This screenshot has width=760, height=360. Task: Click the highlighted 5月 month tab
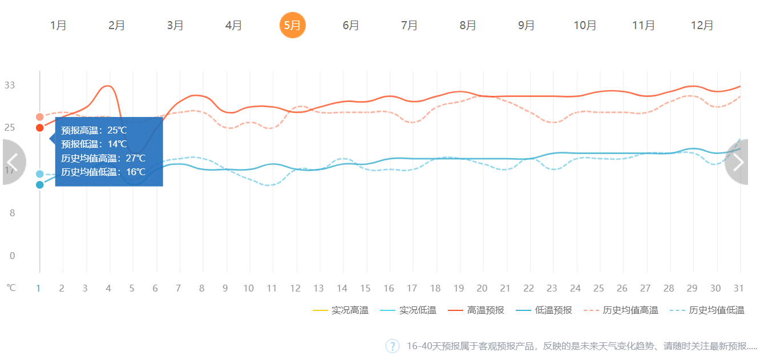(x=292, y=25)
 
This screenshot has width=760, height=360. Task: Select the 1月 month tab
(x=58, y=26)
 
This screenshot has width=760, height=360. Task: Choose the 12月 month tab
(x=702, y=26)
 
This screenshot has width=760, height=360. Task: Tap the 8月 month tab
(x=468, y=26)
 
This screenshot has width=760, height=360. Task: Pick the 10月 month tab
(x=585, y=26)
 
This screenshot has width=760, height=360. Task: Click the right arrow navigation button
(x=738, y=162)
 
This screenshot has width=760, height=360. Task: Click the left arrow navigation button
(x=13, y=162)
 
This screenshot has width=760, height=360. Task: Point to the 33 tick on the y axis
(x=10, y=86)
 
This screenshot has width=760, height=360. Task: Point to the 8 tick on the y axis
(x=11, y=213)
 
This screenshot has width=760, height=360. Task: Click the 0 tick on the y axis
(x=12, y=256)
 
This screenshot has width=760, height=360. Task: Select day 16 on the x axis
(x=389, y=288)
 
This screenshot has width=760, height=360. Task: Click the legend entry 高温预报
(x=479, y=310)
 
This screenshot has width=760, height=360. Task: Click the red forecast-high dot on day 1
(x=39, y=128)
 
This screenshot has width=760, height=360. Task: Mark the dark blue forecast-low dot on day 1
(x=39, y=185)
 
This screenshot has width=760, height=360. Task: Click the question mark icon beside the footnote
(x=393, y=346)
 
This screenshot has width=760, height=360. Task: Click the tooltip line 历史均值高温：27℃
(x=103, y=158)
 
